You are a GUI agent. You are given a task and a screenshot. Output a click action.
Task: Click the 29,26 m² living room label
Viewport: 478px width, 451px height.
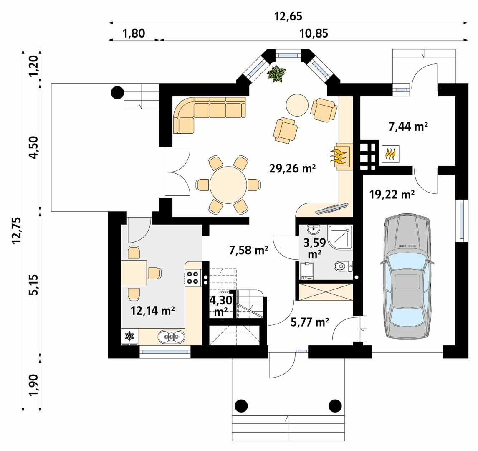coord(291,169)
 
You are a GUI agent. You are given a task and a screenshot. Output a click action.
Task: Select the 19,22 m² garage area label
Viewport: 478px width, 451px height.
coord(392,194)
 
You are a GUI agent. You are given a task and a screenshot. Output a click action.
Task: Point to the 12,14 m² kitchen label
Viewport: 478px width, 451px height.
coord(152,311)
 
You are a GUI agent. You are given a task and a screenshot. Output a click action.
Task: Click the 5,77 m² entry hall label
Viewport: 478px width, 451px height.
coord(310,322)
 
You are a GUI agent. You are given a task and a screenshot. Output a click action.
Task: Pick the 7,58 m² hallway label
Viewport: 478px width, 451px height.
coord(249,250)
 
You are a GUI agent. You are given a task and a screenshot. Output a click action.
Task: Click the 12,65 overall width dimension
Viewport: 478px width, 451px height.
coord(288,16)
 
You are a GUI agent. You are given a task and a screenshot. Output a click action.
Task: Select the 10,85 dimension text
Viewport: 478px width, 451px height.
coord(314,34)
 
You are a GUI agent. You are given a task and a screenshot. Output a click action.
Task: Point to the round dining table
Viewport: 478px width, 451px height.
coord(228,185)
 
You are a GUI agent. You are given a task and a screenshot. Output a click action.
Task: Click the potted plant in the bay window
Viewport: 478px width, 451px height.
coord(277,74)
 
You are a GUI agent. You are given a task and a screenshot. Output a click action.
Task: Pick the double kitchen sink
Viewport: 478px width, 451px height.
coord(171,336)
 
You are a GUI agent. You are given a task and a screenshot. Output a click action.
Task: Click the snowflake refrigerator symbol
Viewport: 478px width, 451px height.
coord(130,336)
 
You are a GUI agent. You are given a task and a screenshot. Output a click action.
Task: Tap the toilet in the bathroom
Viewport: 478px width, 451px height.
coord(342,266)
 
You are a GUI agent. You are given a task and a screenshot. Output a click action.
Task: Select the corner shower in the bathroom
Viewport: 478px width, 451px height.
coord(341,236)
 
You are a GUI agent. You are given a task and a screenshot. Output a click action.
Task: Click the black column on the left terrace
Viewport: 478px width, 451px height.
coord(117,92)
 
